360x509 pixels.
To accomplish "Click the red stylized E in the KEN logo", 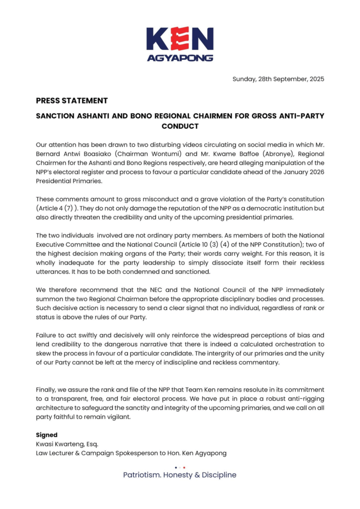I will click(x=180, y=38).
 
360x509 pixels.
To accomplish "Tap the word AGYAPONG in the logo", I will click(x=180, y=58).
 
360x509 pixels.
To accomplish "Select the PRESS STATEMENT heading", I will click(x=72, y=100).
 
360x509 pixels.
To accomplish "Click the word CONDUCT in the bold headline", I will click(x=180, y=126).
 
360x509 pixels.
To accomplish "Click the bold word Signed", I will click(x=47, y=434).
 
